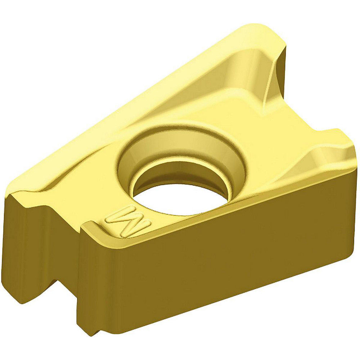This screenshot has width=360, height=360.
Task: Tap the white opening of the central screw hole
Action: (x=182, y=194)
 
